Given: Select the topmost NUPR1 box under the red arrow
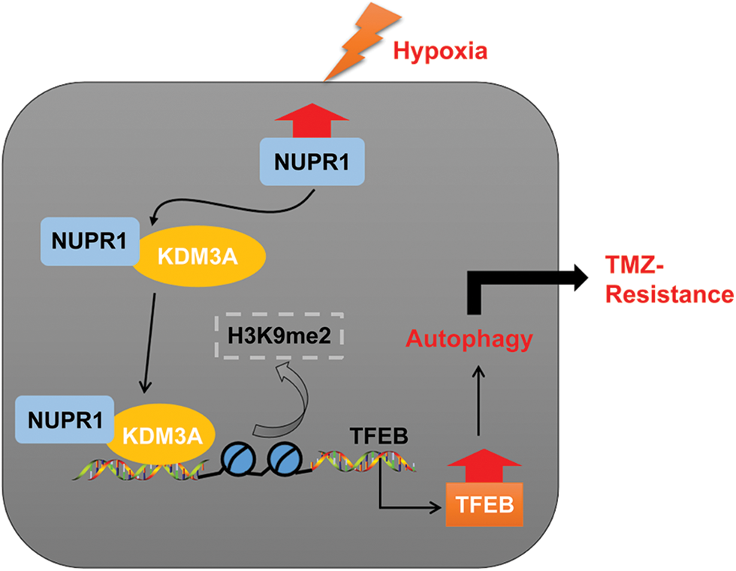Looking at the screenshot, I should (312, 162).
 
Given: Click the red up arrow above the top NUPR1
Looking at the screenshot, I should (312, 121).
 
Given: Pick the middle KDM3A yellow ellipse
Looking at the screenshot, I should (200, 256).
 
